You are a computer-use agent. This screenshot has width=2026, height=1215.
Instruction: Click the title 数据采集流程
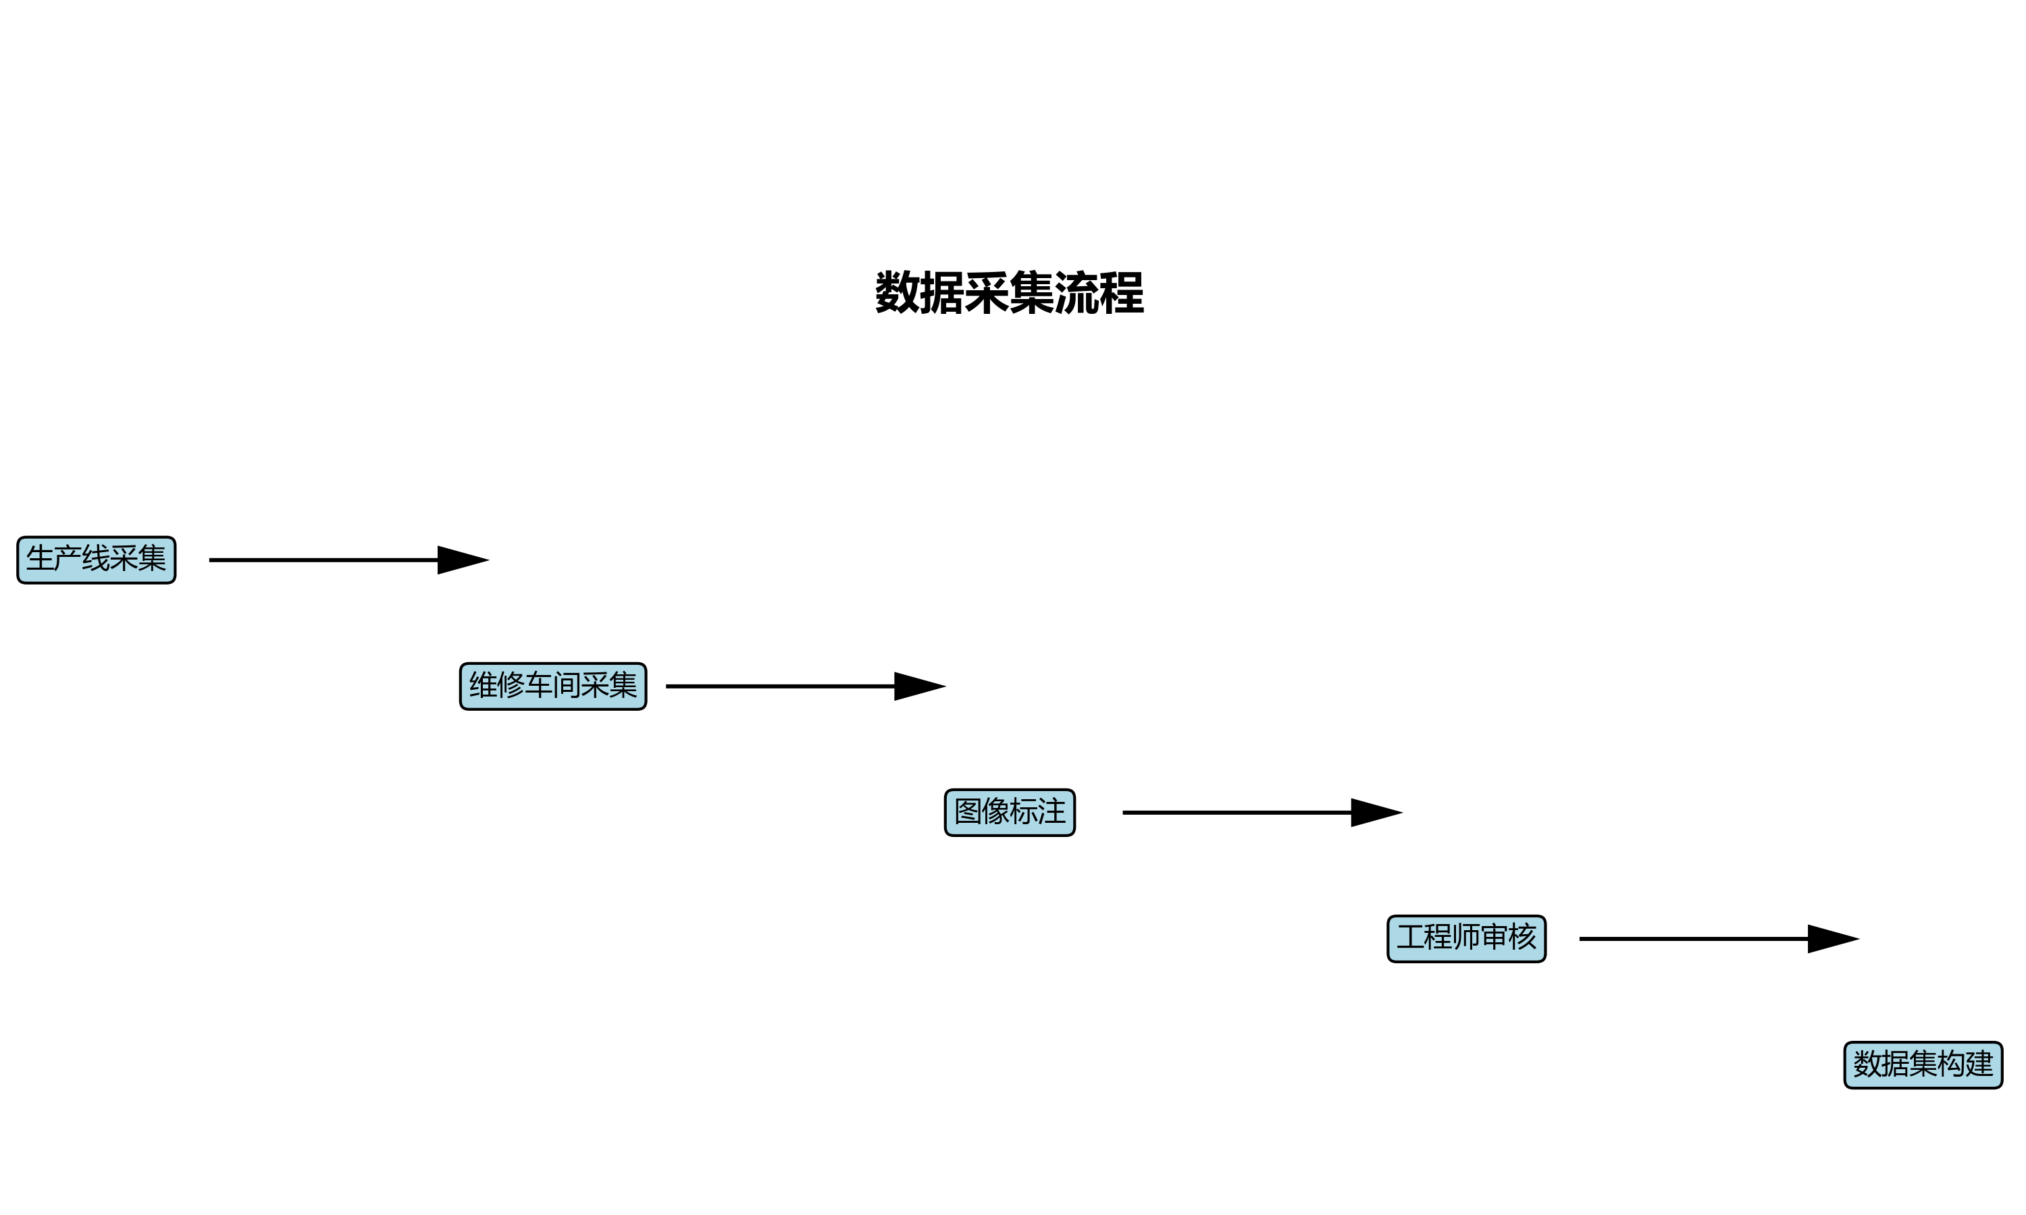coord(1009,293)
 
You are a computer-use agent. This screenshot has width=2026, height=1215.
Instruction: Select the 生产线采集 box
coord(97,560)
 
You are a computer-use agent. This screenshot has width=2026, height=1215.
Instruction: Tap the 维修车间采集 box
coord(553,686)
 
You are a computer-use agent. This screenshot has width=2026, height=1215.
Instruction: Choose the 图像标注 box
coord(1010,812)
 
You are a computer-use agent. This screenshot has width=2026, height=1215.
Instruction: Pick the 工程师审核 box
coord(1466,938)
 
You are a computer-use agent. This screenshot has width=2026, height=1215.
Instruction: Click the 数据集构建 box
coord(1923,1064)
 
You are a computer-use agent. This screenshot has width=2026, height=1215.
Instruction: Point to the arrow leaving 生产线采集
coord(328,560)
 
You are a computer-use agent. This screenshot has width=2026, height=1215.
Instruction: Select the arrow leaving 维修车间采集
coord(782,686)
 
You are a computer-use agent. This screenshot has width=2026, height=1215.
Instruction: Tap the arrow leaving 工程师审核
coord(1695,938)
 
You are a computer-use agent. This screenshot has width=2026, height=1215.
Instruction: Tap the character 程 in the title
coord(1121,293)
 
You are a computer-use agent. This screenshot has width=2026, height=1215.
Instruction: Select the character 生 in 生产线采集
coord(40,559)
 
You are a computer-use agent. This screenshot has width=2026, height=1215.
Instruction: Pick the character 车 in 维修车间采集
coord(539,685)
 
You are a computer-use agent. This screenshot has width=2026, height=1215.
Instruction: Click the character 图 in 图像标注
coord(968,811)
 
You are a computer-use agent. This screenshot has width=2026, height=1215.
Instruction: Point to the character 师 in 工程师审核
coord(1467,938)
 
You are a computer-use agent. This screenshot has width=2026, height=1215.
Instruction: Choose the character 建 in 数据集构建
coord(1979,1064)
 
